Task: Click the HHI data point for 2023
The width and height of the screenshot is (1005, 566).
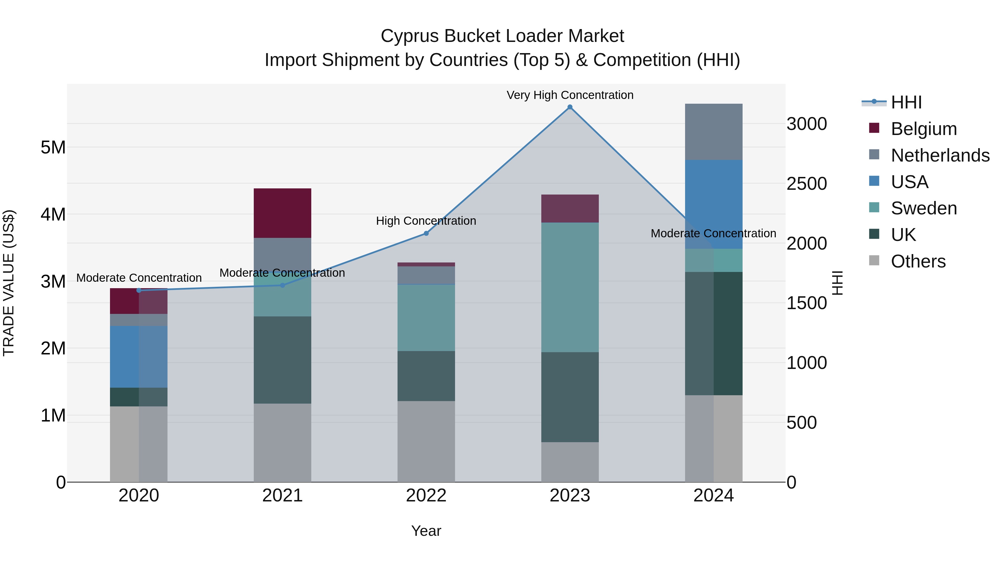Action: tap(569, 107)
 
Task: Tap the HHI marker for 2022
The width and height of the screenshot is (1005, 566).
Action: tap(426, 233)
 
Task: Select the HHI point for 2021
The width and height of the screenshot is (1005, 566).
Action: tap(283, 285)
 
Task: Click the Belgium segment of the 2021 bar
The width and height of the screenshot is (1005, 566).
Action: tap(283, 213)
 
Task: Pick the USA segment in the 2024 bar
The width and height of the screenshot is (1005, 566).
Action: tap(714, 204)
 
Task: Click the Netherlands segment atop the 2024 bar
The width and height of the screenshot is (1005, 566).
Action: tap(714, 132)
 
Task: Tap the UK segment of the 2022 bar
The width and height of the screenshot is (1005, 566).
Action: tap(426, 376)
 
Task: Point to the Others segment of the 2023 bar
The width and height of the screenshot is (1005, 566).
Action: tap(569, 462)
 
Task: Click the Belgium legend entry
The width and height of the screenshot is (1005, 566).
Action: tap(923, 129)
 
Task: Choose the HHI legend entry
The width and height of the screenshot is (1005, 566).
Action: tap(906, 102)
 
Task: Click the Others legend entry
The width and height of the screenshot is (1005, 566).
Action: tap(918, 261)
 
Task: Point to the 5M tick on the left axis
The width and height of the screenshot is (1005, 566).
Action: tap(53, 148)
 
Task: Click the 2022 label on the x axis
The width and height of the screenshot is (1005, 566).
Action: tap(426, 496)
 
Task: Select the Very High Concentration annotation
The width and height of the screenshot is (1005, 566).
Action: tap(569, 95)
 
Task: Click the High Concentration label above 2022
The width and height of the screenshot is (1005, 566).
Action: tap(426, 221)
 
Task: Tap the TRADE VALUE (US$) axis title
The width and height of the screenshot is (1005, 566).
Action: tap(9, 283)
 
